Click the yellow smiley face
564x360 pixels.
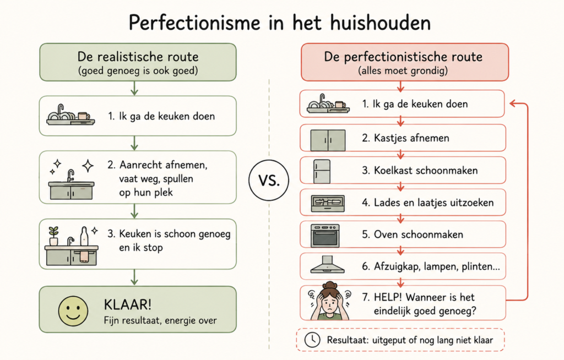pyautogui.click(x=73, y=311)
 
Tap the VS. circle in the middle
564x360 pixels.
pyautogui.click(x=269, y=180)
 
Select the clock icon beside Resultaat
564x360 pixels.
pyautogui.click(x=312, y=340)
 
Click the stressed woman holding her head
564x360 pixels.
pyautogui.click(x=329, y=301)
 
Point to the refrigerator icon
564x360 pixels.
pyautogui.click(x=322, y=172)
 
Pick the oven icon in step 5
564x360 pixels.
pyautogui.click(x=325, y=236)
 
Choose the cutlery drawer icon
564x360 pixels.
pyautogui.click(x=328, y=204)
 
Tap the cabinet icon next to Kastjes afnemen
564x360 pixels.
pyautogui.click(x=328, y=140)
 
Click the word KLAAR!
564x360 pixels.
pyautogui.click(x=128, y=304)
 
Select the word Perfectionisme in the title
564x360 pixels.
pyautogui.click(x=194, y=23)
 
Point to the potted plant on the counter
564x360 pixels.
pyautogui.click(x=53, y=236)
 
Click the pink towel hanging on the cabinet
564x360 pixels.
pyautogui.click(x=84, y=257)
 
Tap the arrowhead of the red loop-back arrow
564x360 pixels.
pyautogui.click(x=513, y=103)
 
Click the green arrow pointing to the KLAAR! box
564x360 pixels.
pyautogui.click(x=134, y=277)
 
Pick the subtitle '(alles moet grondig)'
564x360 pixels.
pyautogui.click(x=403, y=70)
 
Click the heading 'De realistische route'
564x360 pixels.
pyautogui.click(x=138, y=57)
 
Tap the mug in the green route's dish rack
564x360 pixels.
pyautogui.click(x=83, y=116)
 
